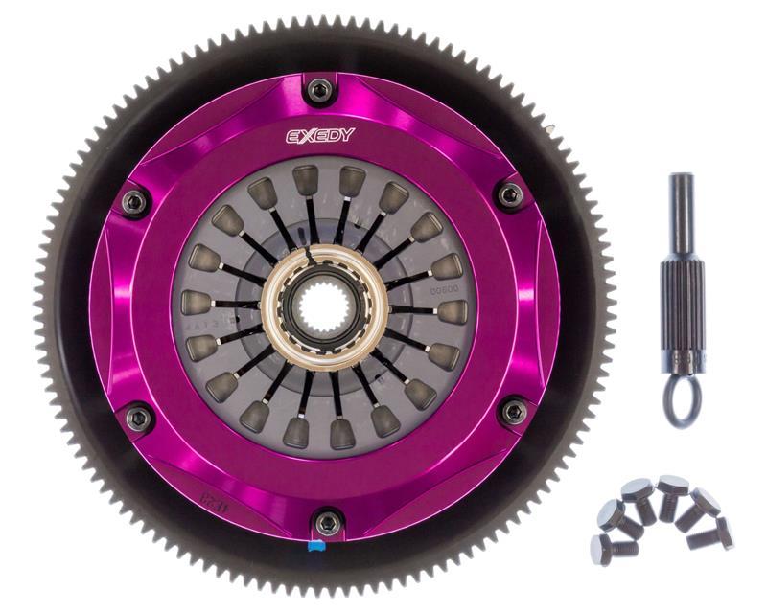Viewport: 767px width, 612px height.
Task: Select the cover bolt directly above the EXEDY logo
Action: pos(322,90)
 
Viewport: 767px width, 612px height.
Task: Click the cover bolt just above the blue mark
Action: pos(328,521)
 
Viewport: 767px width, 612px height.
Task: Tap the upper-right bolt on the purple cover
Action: pos(509,195)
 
